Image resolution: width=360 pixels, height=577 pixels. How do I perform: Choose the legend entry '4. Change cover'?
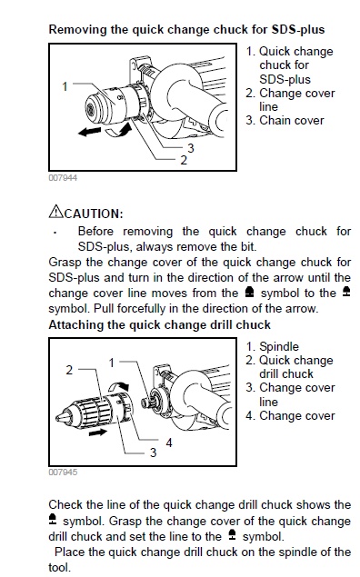(296, 415)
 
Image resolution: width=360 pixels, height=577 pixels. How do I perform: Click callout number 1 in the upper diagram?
(65, 85)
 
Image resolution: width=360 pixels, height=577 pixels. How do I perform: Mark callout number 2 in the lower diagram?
(67, 370)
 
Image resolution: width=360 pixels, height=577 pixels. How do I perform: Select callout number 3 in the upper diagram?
(190, 147)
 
